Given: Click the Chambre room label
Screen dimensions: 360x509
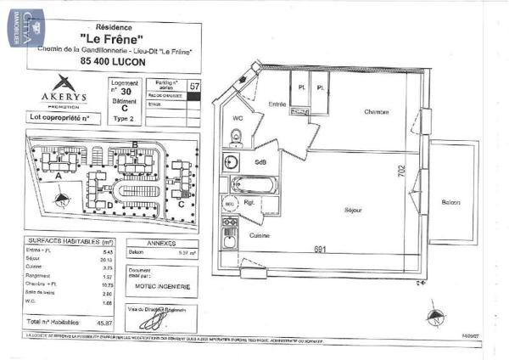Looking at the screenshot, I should (x=377, y=113).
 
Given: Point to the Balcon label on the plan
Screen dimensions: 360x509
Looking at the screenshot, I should (x=450, y=201).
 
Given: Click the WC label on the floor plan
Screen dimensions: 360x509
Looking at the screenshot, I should (x=238, y=120).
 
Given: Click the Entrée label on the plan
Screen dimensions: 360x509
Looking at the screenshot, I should (x=277, y=104).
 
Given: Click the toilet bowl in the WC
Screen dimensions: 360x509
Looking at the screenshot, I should (x=238, y=137).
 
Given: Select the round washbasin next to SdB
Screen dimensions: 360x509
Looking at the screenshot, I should (x=231, y=161).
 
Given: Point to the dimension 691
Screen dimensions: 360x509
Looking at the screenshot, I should (x=321, y=249).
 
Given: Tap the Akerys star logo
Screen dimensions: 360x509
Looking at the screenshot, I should (x=62, y=83).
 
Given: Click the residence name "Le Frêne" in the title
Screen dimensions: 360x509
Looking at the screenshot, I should (x=109, y=38).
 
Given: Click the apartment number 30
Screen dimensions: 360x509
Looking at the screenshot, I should (x=126, y=91).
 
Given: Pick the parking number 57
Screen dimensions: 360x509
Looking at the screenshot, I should (x=195, y=86).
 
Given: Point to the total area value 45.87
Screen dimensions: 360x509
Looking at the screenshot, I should (x=105, y=323).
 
